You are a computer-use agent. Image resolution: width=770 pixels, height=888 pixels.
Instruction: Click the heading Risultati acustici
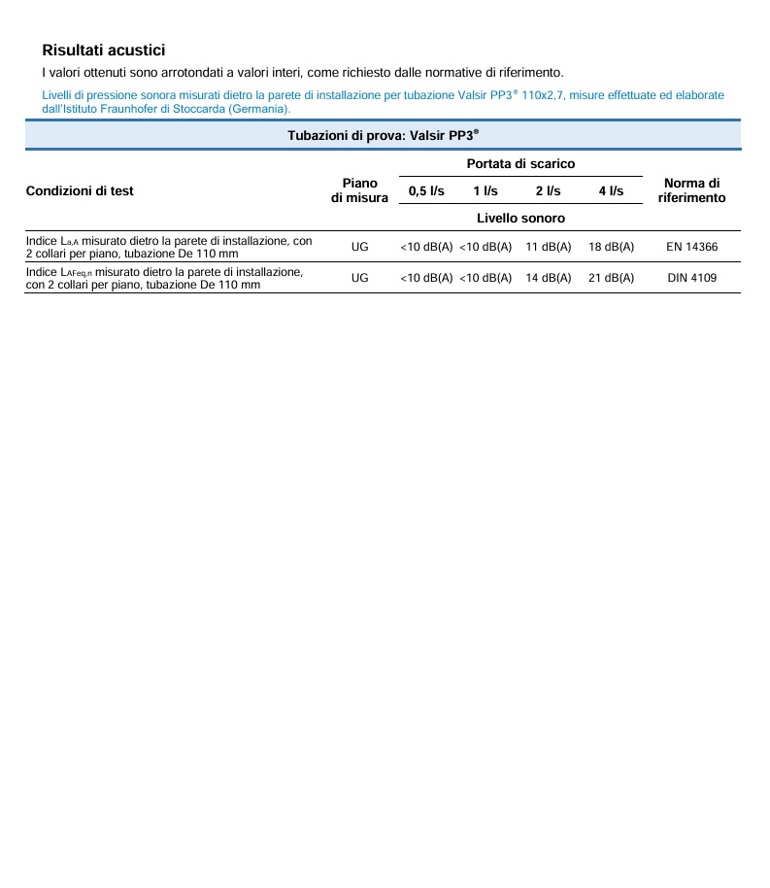104,50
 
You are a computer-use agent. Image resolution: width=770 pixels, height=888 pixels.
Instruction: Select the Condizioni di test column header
80,190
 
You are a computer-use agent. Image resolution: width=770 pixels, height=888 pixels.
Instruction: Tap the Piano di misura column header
359,190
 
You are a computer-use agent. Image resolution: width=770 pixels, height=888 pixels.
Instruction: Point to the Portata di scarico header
520,164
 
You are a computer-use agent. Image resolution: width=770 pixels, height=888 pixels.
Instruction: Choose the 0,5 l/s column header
426,191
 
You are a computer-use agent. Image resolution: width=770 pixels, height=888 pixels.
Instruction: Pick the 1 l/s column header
485,191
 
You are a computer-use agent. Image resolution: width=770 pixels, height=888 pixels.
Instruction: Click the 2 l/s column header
548,191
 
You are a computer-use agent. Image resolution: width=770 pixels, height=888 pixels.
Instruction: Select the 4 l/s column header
611,191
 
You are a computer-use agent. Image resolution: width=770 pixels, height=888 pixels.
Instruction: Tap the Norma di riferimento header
691,190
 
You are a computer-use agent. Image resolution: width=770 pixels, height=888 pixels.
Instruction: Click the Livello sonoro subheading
520,219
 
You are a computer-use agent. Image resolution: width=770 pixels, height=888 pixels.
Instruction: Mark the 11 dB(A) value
549,247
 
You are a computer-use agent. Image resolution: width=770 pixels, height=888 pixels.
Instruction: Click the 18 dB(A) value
612,247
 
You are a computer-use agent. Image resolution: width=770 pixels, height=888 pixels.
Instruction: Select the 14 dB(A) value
549,278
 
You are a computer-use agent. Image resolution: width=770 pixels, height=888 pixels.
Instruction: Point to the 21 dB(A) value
612,278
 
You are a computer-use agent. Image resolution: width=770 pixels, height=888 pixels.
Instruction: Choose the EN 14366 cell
692,247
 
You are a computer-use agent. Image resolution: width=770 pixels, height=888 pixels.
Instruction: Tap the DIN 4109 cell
692,278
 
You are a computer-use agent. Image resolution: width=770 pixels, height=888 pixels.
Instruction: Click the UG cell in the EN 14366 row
360,247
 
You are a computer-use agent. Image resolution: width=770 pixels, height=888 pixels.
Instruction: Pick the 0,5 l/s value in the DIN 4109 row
426,278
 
